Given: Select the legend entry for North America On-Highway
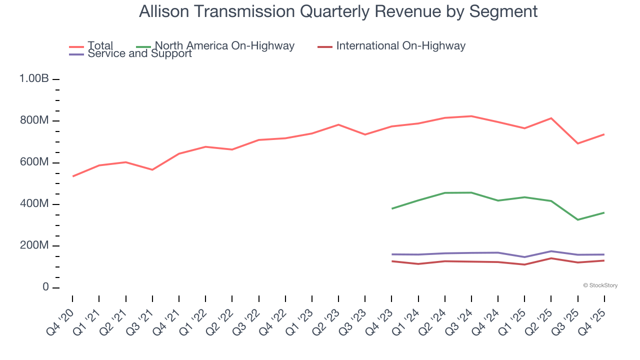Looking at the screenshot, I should tap(224, 46).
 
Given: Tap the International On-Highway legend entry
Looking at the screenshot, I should tap(400, 46).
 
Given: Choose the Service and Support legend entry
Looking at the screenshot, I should tap(139, 53).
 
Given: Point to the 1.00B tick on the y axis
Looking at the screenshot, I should tap(34, 79).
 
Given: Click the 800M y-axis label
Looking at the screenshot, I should tap(34, 121).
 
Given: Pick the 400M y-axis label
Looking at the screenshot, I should tap(34, 204).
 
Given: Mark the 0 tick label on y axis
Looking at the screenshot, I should tap(45, 287).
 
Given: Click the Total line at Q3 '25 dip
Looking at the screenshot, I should tap(578, 143).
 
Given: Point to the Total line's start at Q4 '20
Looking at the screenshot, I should tap(73, 176).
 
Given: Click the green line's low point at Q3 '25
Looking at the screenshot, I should tap(578, 219).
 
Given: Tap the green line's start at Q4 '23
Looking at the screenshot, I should tap(392, 208).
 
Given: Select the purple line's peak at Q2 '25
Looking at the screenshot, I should tap(551, 251).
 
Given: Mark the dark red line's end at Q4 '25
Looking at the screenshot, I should tap(604, 260).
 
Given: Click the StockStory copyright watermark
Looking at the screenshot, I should tap(600, 285).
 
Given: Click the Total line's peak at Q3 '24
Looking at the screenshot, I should tap(471, 116).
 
